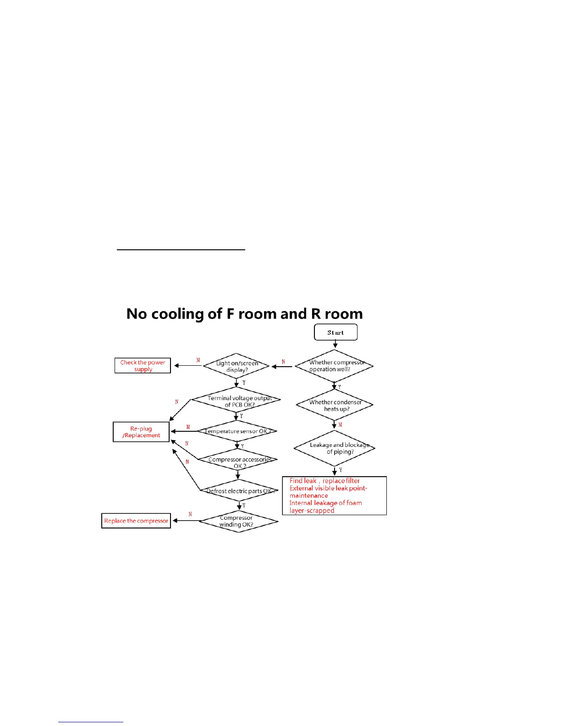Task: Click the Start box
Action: click(x=335, y=332)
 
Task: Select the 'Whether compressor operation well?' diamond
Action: click(x=334, y=366)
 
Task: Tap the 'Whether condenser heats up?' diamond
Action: click(x=335, y=405)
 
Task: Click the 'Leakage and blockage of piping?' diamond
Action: click(x=335, y=448)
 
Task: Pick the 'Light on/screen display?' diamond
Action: click(x=236, y=366)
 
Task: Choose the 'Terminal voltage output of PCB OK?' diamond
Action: click(x=236, y=401)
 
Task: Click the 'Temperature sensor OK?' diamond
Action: click(x=237, y=431)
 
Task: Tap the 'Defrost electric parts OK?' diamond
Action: click(x=239, y=491)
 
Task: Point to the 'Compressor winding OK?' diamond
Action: click(x=238, y=521)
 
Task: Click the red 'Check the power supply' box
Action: click(x=143, y=366)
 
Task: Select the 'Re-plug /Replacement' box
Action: click(x=141, y=432)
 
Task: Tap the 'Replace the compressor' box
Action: click(x=136, y=521)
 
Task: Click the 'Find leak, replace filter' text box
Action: click(x=334, y=495)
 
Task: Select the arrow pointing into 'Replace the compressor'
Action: click(x=186, y=521)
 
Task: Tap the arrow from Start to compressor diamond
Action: click(x=335, y=344)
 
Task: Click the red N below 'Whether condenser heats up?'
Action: click(x=340, y=425)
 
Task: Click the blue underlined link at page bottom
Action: click(x=91, y=722)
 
